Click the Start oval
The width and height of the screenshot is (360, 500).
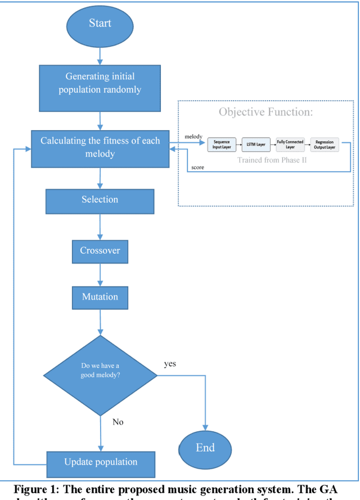pos(100,24)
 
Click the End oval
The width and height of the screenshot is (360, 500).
pos(205,448)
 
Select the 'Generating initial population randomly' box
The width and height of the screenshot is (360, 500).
pos(100,88)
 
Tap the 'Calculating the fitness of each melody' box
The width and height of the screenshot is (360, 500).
pos(100,147)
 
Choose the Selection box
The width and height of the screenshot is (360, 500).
pos(100,200)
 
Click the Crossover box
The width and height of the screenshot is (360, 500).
pos(100,251)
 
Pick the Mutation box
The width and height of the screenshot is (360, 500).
pos(100,297)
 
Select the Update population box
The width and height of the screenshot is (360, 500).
pos(100,462)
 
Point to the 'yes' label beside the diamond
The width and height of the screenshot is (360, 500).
pos(170,364)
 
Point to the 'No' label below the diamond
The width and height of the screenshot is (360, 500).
pos(118,422)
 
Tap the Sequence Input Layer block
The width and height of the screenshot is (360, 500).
pos(222,145)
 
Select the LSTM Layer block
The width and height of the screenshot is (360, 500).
pos(256,145)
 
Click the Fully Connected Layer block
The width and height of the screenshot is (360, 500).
pos(290,145)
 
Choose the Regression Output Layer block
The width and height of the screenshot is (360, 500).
pos(325,145)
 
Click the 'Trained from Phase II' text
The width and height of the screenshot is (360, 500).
pos(268,160)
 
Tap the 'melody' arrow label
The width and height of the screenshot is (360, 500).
pos(193,137)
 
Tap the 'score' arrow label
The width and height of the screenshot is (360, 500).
pos(197,167)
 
